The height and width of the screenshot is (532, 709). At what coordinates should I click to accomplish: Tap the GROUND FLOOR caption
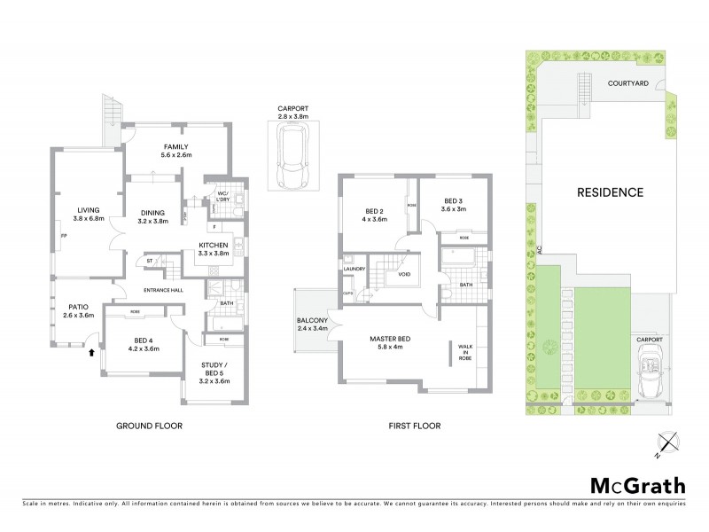150,426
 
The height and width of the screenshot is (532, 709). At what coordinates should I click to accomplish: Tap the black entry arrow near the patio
91,353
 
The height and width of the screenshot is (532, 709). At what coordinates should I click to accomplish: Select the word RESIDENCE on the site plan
610,192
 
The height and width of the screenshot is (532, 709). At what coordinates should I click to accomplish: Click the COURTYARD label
628,83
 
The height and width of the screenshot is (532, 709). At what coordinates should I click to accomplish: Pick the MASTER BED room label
393,337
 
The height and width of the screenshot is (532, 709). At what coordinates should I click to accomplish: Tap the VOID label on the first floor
404,274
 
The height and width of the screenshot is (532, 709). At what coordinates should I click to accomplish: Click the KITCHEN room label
214,245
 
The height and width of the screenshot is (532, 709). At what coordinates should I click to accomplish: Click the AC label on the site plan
539,252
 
